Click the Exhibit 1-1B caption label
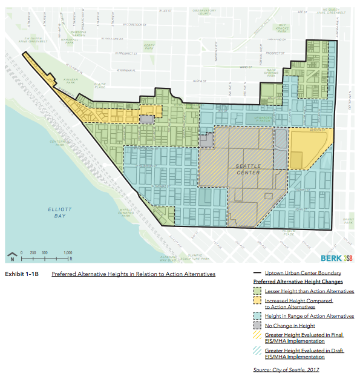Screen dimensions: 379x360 point(21,274)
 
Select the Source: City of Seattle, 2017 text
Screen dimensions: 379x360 point(286,369)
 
